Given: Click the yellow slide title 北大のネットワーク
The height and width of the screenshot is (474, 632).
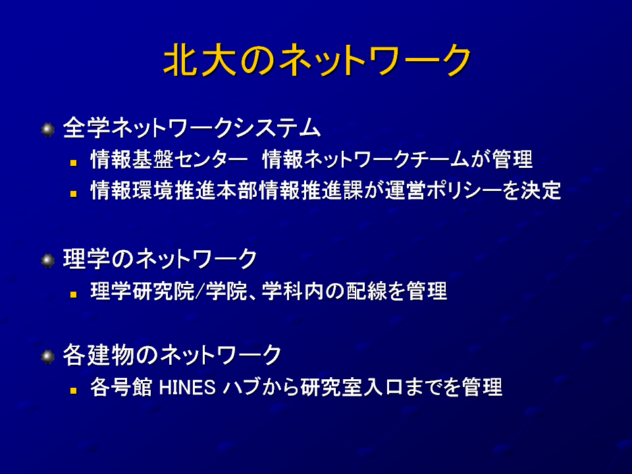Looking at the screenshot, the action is (317, 60).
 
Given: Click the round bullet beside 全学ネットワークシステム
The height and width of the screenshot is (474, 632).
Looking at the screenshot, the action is (48, 130).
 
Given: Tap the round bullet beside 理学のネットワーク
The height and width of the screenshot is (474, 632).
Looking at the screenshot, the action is (48, 261).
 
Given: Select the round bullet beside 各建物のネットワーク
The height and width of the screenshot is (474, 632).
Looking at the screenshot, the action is (48, 357).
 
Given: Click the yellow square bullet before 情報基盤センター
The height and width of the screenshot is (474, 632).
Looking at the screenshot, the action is (73, 163).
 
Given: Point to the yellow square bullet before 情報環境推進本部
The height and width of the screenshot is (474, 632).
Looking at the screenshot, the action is (73, 194).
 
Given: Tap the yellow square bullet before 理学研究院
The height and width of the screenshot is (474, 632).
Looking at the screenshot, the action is (73, 294).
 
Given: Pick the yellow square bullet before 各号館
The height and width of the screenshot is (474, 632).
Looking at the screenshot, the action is (73, 390).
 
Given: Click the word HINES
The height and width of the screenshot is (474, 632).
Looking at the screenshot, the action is (188, 388).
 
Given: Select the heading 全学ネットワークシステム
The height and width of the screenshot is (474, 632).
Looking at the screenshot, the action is (192, 128).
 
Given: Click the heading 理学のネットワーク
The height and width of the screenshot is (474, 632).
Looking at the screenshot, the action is (160, 259).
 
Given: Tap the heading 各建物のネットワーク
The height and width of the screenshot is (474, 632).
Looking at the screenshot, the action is (172, 355).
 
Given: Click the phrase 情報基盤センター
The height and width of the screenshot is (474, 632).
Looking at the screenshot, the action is (169, 159).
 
